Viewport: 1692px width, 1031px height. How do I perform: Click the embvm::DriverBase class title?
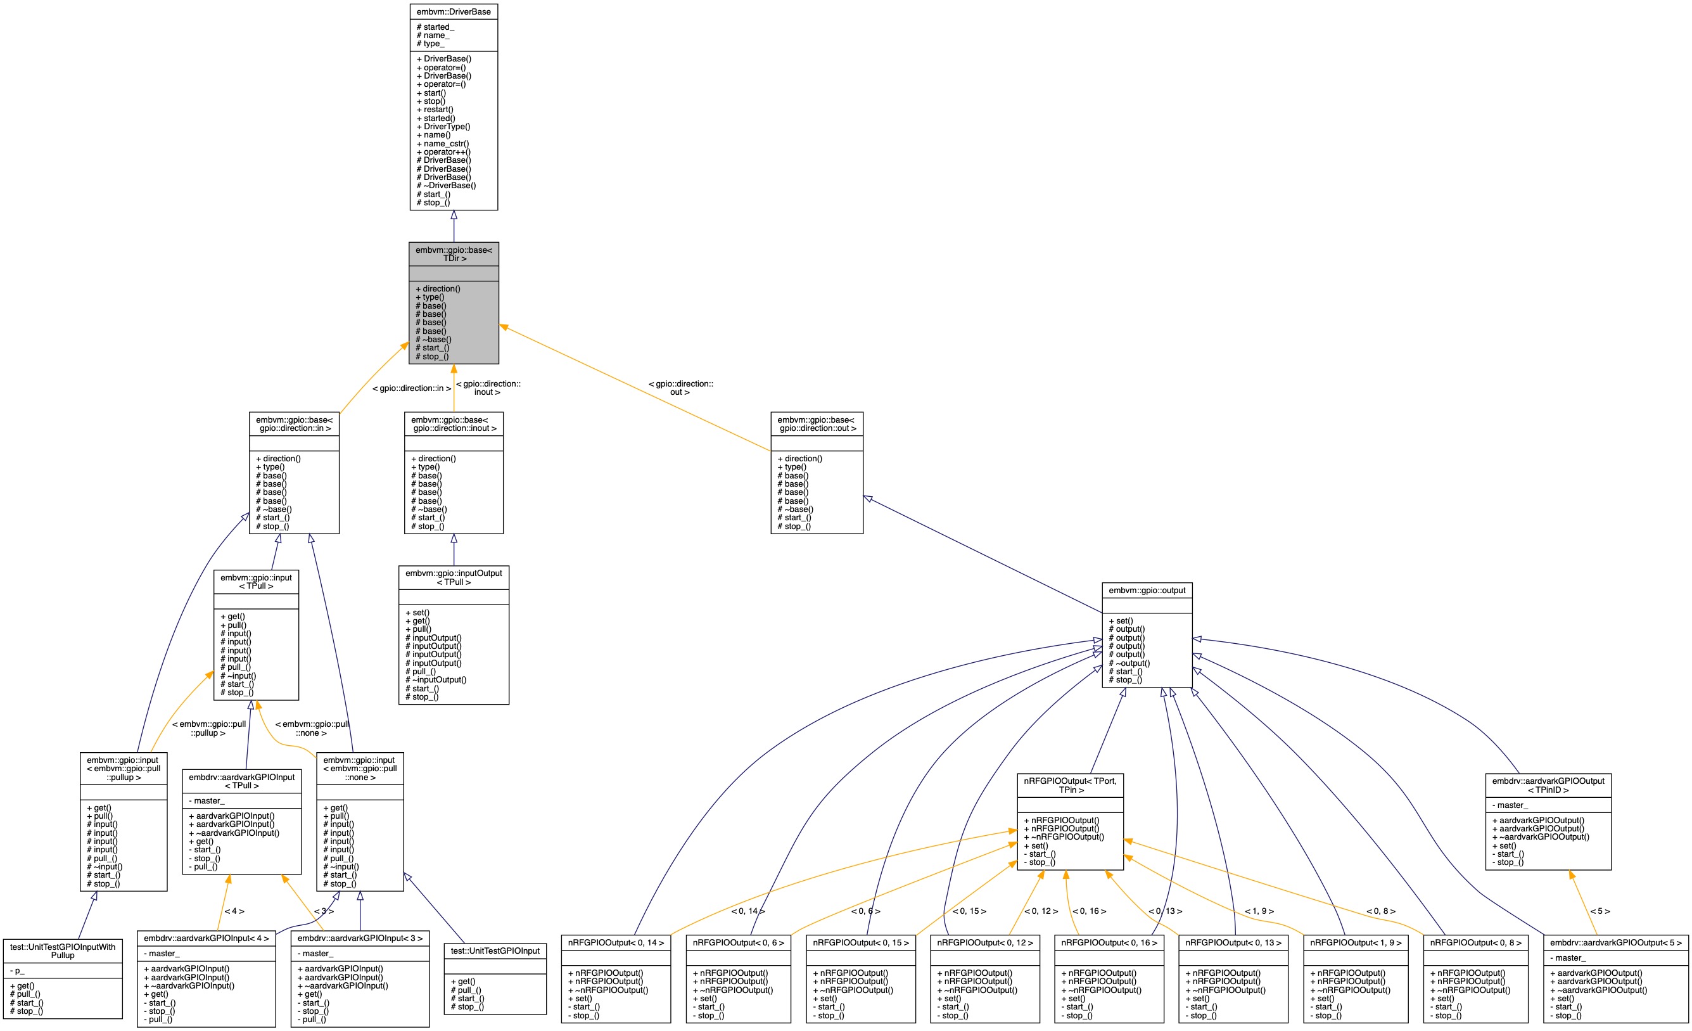pos(453,11)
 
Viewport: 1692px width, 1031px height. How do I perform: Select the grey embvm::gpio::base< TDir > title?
pos(453,254)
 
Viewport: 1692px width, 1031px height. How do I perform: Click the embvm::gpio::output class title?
pos(1147,591)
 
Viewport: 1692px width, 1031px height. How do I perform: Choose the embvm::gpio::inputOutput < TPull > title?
pos(453,578)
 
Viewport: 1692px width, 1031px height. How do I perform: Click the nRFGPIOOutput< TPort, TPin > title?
pos(1070,785)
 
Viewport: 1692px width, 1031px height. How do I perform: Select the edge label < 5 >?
pos(1600,911)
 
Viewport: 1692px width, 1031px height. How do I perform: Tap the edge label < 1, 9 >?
pos(1259,911)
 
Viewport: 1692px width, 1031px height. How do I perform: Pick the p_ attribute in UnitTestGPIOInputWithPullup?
pos(19,971)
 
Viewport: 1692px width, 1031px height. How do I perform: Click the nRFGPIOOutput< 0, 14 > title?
pos(615,943)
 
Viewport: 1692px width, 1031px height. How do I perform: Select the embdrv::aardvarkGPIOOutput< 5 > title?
pos(1616,943)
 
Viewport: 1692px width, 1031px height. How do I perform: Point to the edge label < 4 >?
pos(234,911)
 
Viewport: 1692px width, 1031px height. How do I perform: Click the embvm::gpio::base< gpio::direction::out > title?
pos(817,424)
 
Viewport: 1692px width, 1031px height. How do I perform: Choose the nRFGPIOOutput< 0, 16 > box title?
pos(1109,943)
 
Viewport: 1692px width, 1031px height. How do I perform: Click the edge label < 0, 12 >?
pos(1041,911)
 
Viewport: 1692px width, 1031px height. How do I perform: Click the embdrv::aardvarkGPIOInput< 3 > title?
pos(360,938)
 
